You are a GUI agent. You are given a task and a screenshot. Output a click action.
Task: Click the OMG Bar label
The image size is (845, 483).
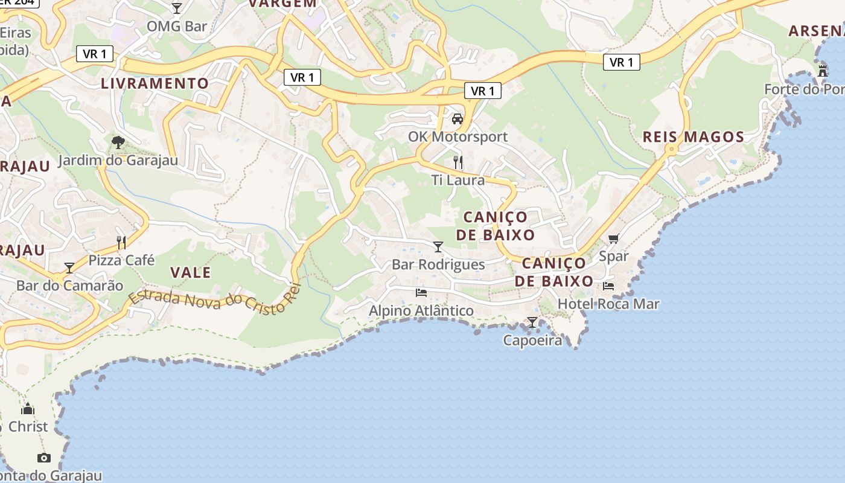177,26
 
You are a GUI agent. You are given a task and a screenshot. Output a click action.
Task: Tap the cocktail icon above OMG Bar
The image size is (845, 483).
177,8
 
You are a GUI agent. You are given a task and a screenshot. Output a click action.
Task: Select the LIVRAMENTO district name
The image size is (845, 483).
155,83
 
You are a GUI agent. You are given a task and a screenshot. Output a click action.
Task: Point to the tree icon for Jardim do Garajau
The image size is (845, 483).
118,142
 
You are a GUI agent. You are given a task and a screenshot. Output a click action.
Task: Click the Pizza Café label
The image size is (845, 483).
121,260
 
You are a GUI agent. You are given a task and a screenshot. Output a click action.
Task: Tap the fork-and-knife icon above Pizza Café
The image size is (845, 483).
121,243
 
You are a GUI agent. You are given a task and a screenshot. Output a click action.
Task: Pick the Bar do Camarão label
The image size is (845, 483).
69,286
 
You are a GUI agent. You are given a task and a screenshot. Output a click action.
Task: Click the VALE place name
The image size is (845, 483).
191,272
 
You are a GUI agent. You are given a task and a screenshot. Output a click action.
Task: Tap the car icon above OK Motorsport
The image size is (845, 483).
458,119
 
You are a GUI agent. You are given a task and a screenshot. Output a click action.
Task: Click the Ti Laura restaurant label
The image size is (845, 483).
458,180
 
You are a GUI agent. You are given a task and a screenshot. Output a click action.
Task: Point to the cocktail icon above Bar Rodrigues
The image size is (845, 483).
438,247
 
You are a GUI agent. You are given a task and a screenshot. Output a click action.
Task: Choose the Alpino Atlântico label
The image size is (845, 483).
421,310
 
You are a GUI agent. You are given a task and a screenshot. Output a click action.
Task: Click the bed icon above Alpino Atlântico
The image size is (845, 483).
421,293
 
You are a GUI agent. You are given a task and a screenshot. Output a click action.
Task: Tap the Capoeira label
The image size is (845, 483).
532,341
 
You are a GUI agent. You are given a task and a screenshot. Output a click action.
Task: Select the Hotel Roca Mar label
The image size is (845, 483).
608,304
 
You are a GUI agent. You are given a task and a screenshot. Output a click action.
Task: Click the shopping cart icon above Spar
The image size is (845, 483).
614,239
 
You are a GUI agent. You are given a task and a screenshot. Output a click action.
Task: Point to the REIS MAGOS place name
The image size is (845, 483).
694,136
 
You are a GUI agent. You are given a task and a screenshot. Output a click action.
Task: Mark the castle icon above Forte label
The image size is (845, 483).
822,71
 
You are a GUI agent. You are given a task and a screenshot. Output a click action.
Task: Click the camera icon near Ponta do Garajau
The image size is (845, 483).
43,458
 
